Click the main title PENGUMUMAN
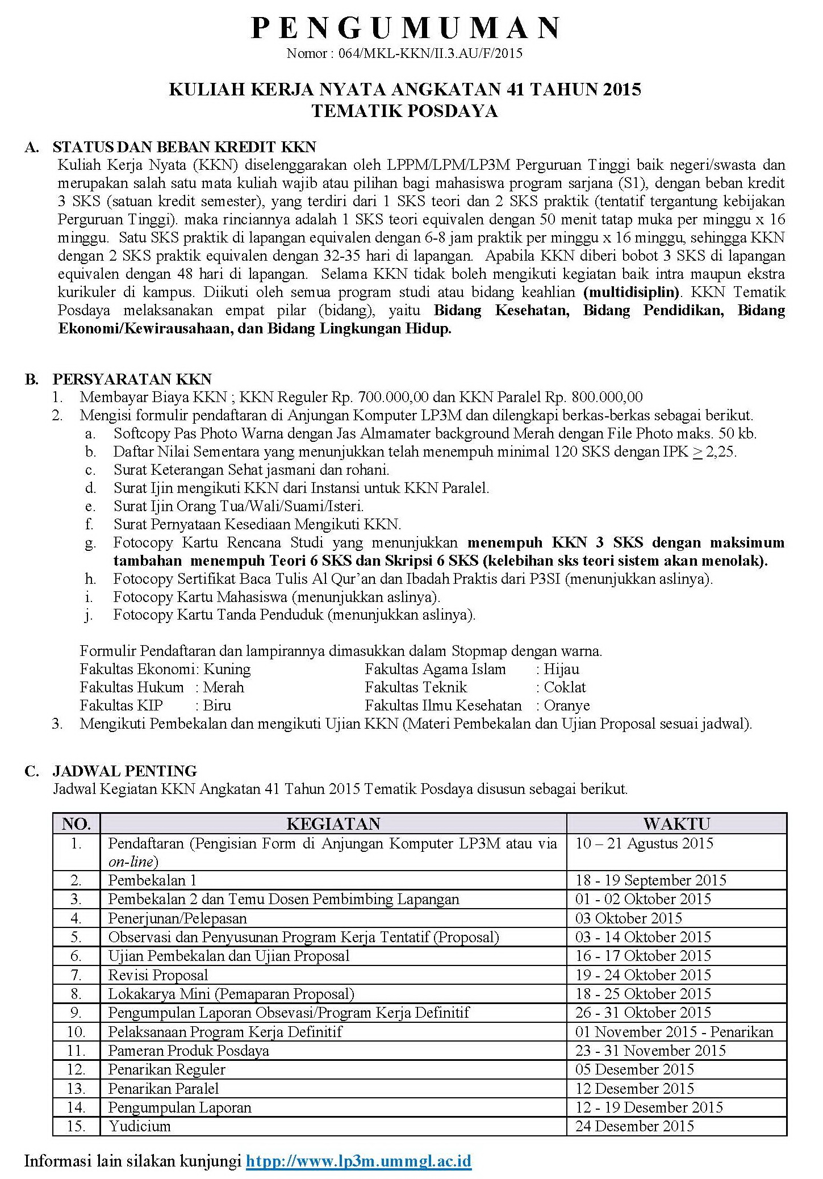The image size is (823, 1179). coord(406,28)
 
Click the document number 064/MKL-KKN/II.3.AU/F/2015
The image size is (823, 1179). coord(430,54)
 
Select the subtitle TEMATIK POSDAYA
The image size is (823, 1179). coord(404,111)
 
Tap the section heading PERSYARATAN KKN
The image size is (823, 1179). coord(132,379)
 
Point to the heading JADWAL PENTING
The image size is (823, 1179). coord(124,771)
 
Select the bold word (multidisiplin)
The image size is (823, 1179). coord(631,292)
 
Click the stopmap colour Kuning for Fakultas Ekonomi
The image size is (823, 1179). coord(227,669)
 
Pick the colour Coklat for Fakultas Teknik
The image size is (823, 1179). coord(565,687)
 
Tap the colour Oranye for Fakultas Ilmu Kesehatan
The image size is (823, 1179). coord(567,705)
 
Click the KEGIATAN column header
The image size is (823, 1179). coord(333,823)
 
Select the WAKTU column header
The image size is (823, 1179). coord(676,823)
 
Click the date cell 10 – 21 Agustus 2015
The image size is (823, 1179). coord(644,843)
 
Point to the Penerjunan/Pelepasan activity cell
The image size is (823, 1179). coord(177,918)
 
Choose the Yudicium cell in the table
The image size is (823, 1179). coord(140,1126)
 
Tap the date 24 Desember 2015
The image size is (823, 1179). coord(634,1126)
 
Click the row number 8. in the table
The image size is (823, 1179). coord(76,994)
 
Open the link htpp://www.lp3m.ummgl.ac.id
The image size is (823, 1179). coord(358,1160)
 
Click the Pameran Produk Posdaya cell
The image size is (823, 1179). coord(189,1051)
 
